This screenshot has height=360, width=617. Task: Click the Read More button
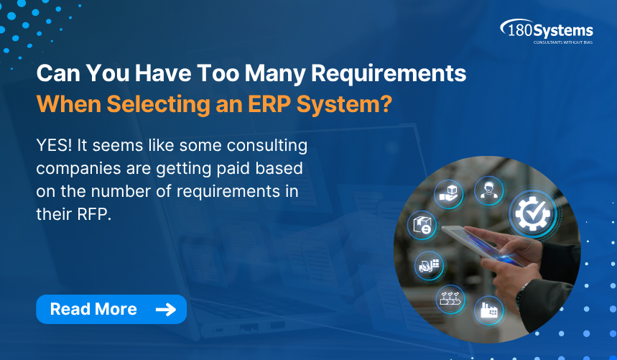point(111,309)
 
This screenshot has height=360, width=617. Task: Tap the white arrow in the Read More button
point(165,310)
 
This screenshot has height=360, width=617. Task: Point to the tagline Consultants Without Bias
point(562,42)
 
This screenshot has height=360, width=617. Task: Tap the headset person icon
point(489,190)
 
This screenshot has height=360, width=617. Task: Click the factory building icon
point(488,310)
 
